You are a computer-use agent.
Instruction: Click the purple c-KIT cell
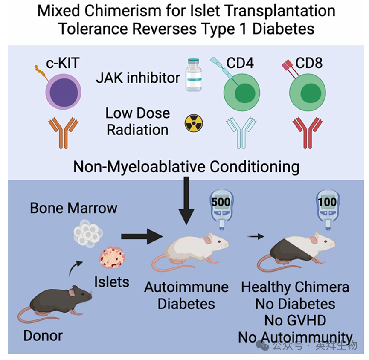pos(63,91)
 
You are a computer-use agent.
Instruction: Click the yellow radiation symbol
pos(194,122)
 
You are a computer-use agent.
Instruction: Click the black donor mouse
pos(53,301)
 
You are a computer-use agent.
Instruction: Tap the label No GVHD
pos(295,320)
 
